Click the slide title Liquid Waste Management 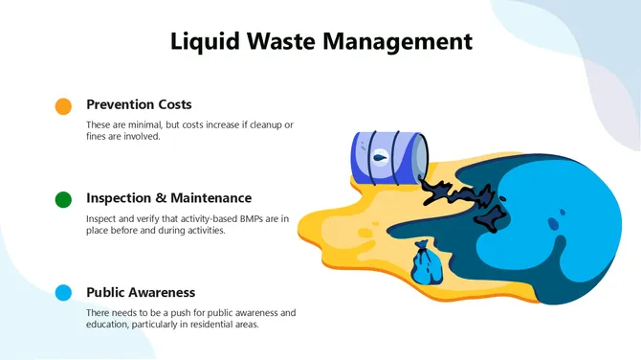point(320,41)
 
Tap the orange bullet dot point(64,106)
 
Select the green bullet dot point(64,199)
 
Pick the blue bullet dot point(64,293)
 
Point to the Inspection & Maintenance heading point(168,198)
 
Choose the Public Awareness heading point(141,292)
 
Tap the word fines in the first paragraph point(99,137)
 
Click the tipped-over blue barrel point(387,157)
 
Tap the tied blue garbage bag point(424,262)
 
